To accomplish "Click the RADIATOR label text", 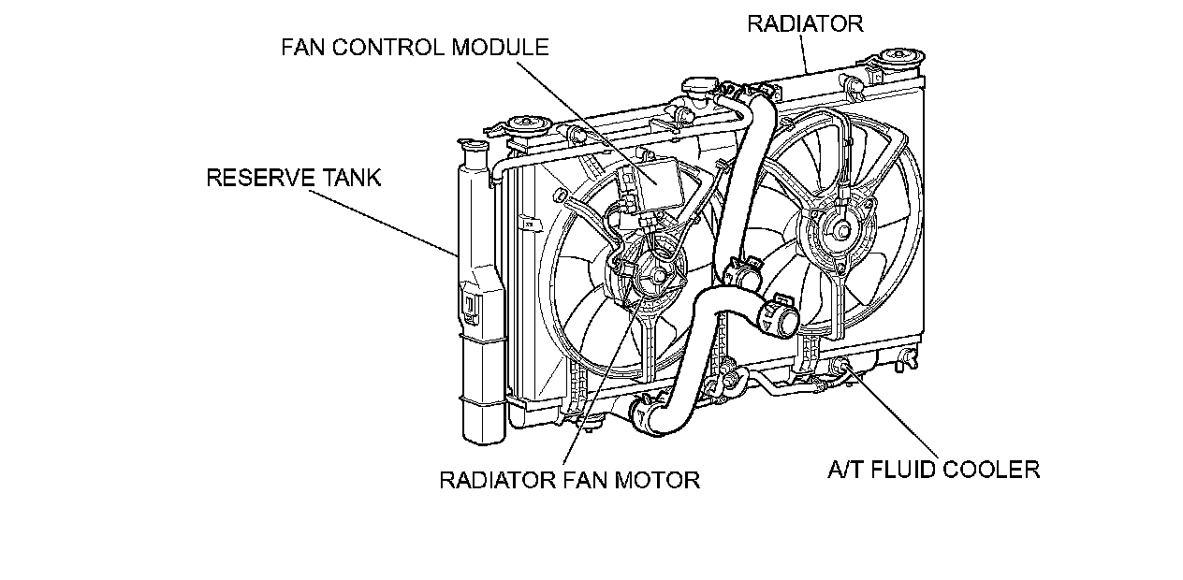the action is pyautogui.click(x=805, y=23).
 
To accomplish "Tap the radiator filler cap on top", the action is pyautogui.click(x=700, y=87).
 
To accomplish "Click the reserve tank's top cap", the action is pyautogui.click(x=474, y=145).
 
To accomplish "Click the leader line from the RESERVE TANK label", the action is pyautogui.click(x=383, y=223).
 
